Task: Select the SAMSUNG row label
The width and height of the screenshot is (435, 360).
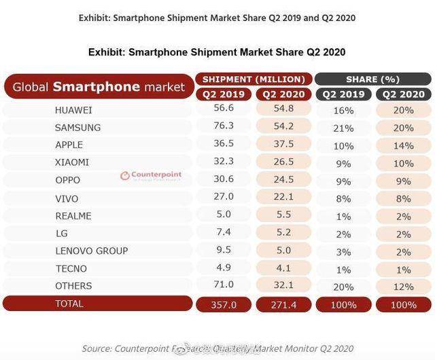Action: [x=77, y=127]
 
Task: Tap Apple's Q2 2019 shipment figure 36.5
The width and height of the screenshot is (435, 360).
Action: [x=224, y=145]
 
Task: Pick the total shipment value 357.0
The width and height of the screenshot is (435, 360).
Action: [x=224, y=304]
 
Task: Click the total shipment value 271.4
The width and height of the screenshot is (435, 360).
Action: [x=283, y=304]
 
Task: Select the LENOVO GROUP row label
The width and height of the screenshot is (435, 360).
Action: [x=92, y=251]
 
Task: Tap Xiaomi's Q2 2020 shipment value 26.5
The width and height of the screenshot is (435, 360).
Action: [x=283, y=162]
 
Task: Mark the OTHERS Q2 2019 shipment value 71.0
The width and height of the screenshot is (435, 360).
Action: [x=224, y=286]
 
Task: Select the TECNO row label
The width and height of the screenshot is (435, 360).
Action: [x=71, y=268]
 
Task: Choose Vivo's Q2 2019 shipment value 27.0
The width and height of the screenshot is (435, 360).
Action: [x=224, y=198]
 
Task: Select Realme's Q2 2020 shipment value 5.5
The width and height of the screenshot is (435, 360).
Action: [x=283, y=215]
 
